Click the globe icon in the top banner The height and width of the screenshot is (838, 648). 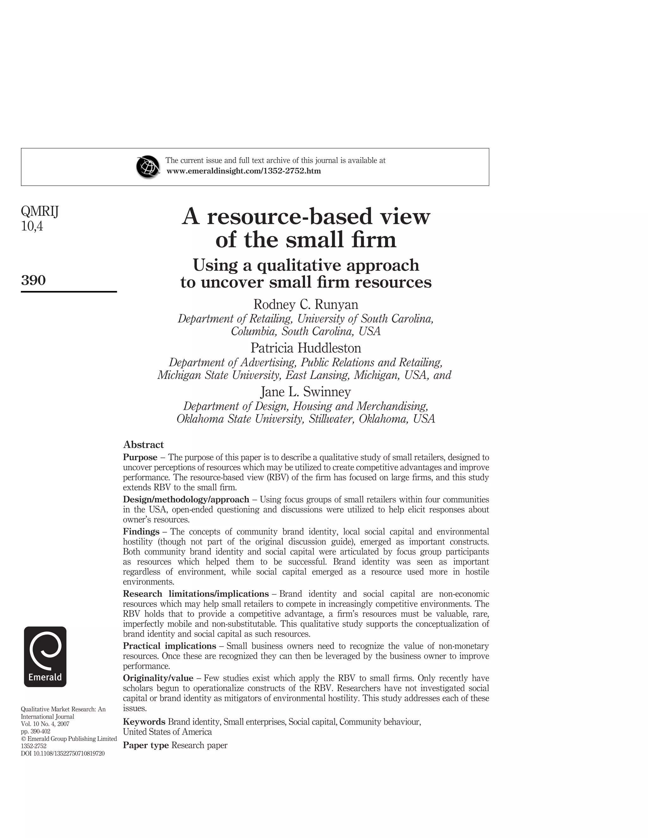tap(148, 167)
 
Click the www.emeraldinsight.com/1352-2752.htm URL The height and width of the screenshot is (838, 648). tap(243, 171)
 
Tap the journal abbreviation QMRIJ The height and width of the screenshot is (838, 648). tap(40, 212)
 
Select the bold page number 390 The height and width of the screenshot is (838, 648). tap(34, 280)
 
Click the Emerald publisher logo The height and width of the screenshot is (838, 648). tap(45, 656)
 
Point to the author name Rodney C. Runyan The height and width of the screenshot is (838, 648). tap(306, 305)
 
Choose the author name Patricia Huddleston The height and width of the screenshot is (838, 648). tap(306, 348)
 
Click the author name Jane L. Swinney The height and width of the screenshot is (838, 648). tap(306, 392)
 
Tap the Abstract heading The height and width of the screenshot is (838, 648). tap(143, 445)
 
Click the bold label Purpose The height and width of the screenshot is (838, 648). tap(140, 457)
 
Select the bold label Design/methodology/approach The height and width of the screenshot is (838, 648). tap(186, 500)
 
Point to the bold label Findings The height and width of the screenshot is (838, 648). tap(141, 532)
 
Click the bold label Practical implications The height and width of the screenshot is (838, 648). tap(169, 646)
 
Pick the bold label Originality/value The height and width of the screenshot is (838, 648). tap(158, 678)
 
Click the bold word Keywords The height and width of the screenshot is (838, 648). tap(144, 722)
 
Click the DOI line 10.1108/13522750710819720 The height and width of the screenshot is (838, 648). tap(63, 753)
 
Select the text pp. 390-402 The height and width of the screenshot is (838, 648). tap(35, 731)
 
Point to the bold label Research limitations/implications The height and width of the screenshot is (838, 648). tap(196, 594)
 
